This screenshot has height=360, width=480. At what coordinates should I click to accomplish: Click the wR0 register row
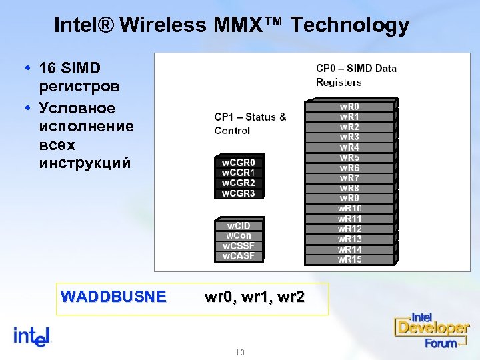tap(350, 106)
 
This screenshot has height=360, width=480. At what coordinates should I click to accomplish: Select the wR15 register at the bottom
tap(350, 259)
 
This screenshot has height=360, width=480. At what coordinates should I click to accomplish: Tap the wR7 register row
tap(350, 178)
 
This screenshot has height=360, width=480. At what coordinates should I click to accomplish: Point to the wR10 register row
tap(350, 209)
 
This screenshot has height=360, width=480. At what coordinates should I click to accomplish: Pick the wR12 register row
tap(350, 229)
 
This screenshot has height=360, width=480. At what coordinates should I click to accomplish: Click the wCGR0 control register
tap(238, 162)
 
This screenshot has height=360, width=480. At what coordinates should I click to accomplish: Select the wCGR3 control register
tap(238, 193)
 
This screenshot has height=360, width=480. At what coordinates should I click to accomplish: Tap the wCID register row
tap(238, 225)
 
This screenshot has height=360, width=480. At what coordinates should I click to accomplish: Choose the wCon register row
tap(238, 235)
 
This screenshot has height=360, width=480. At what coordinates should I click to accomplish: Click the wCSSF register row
tap(238, 246)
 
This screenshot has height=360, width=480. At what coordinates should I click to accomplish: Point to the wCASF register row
tap(238, 256)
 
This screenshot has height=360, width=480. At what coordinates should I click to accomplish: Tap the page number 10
tap(241, 351)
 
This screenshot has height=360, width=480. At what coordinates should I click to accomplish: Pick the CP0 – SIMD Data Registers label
tap(356, 75)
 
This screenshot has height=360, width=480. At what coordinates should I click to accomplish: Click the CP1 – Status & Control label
tap(250, 123)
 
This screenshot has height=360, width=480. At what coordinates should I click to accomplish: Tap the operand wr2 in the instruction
tap(291, 297)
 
